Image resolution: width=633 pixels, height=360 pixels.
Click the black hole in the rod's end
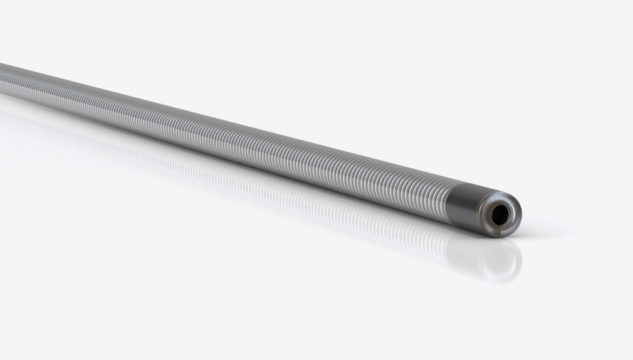click(x=500, y=215)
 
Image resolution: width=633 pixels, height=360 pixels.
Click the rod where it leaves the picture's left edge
click(x=3, y=79)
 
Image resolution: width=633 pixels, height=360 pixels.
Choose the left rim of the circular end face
click(x=481, y=213)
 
